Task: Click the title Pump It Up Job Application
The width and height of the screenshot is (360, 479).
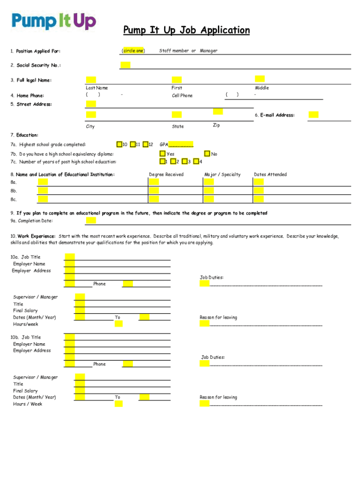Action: tap(187, 30)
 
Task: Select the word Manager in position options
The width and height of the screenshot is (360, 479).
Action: tap(209, 51)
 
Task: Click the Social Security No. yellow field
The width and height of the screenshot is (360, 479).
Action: tap(125, 65)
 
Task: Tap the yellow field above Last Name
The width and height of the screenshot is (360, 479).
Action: tap(91, 80)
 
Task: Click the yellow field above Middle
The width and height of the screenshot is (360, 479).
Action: tap(259, 79)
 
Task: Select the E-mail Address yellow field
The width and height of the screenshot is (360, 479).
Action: tap(313, 115)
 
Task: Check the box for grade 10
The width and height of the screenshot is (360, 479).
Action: tap(120, 144)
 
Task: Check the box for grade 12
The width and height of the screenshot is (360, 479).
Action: tap(145, 144)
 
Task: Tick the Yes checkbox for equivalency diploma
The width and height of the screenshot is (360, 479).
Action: tap(162, 153)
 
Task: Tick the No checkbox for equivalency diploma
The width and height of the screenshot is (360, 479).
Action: tap(207, 153)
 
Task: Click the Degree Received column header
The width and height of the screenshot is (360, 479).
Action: tap(166, 174)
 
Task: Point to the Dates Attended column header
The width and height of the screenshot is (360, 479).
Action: tap(270, 174)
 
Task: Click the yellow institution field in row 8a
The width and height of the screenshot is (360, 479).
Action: tap(43, 182)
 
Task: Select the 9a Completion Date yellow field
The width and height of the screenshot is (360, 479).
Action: tap(91, 220)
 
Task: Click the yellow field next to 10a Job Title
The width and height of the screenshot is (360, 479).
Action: tap(70, 256)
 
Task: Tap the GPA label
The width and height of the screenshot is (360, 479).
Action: tap(164, 145)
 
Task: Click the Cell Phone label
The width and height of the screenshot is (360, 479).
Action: tap(182, 95)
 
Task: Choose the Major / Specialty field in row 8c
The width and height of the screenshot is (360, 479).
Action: tap(209, 199)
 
